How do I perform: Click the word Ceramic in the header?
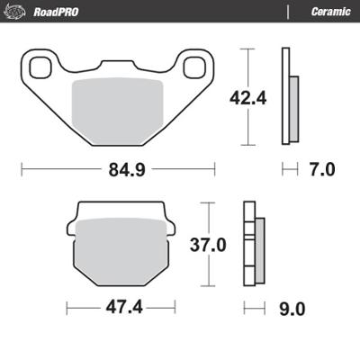(329, 11)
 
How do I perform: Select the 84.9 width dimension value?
(119, 168)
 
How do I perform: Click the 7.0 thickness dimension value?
(321, 168)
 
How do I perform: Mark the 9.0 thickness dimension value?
(292, 309)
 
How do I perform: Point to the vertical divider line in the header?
(287, 11)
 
